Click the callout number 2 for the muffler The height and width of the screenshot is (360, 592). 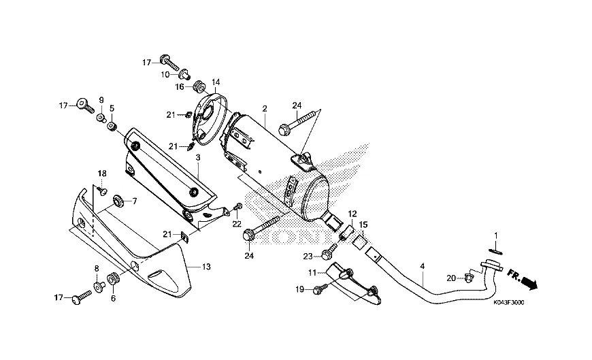tap(264, 108)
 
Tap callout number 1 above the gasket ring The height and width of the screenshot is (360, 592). tap(496, 235)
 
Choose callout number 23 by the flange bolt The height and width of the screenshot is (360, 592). tap(308, 256)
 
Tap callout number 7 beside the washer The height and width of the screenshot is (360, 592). tap(134, 201)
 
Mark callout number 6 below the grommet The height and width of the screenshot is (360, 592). tap(113, 298)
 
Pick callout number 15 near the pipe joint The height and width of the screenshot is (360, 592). tap(363, 225)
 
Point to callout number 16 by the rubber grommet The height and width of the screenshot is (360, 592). tap(180, 86)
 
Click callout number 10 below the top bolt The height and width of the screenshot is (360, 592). tap(165, 74)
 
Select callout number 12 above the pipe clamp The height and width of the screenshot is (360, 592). tap(352, 214)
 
